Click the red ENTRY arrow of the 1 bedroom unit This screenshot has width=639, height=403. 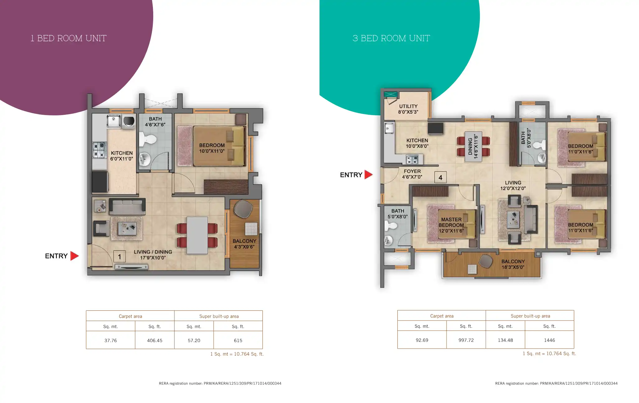74,256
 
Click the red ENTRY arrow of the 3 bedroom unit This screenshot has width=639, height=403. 368,174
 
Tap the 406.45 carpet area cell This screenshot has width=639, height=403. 155,340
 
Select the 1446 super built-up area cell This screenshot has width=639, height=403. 549,340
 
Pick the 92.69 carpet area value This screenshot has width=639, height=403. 422,340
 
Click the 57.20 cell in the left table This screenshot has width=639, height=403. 194,340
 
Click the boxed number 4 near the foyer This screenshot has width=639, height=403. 440,177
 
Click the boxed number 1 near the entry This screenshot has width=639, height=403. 119,257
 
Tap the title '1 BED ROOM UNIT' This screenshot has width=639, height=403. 69,38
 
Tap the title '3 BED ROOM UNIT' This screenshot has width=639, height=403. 391,38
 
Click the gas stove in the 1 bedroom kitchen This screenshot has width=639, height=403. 99,150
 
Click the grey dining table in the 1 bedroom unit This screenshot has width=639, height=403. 197,235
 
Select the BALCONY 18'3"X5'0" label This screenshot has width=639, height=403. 513,264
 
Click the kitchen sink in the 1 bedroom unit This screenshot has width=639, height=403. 114,121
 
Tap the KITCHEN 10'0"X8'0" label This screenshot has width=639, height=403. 417,143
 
